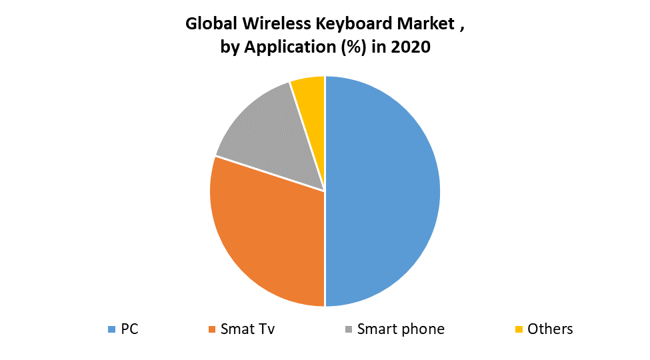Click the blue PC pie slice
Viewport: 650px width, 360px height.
(x=383, y=191)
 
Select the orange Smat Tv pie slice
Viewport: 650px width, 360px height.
(x=267, y=230)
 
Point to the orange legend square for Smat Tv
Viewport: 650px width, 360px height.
(x=212, y=329)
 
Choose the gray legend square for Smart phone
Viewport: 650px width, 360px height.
(x=349, y=329)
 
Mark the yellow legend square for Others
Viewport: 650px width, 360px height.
(x=519, y=329)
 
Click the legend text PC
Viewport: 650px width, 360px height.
(x=129, y=329)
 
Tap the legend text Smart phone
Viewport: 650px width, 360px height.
(x=401, y=329)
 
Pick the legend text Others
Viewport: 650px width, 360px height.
(x=550, y=329)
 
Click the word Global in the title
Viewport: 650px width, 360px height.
(x=208, y=25)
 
